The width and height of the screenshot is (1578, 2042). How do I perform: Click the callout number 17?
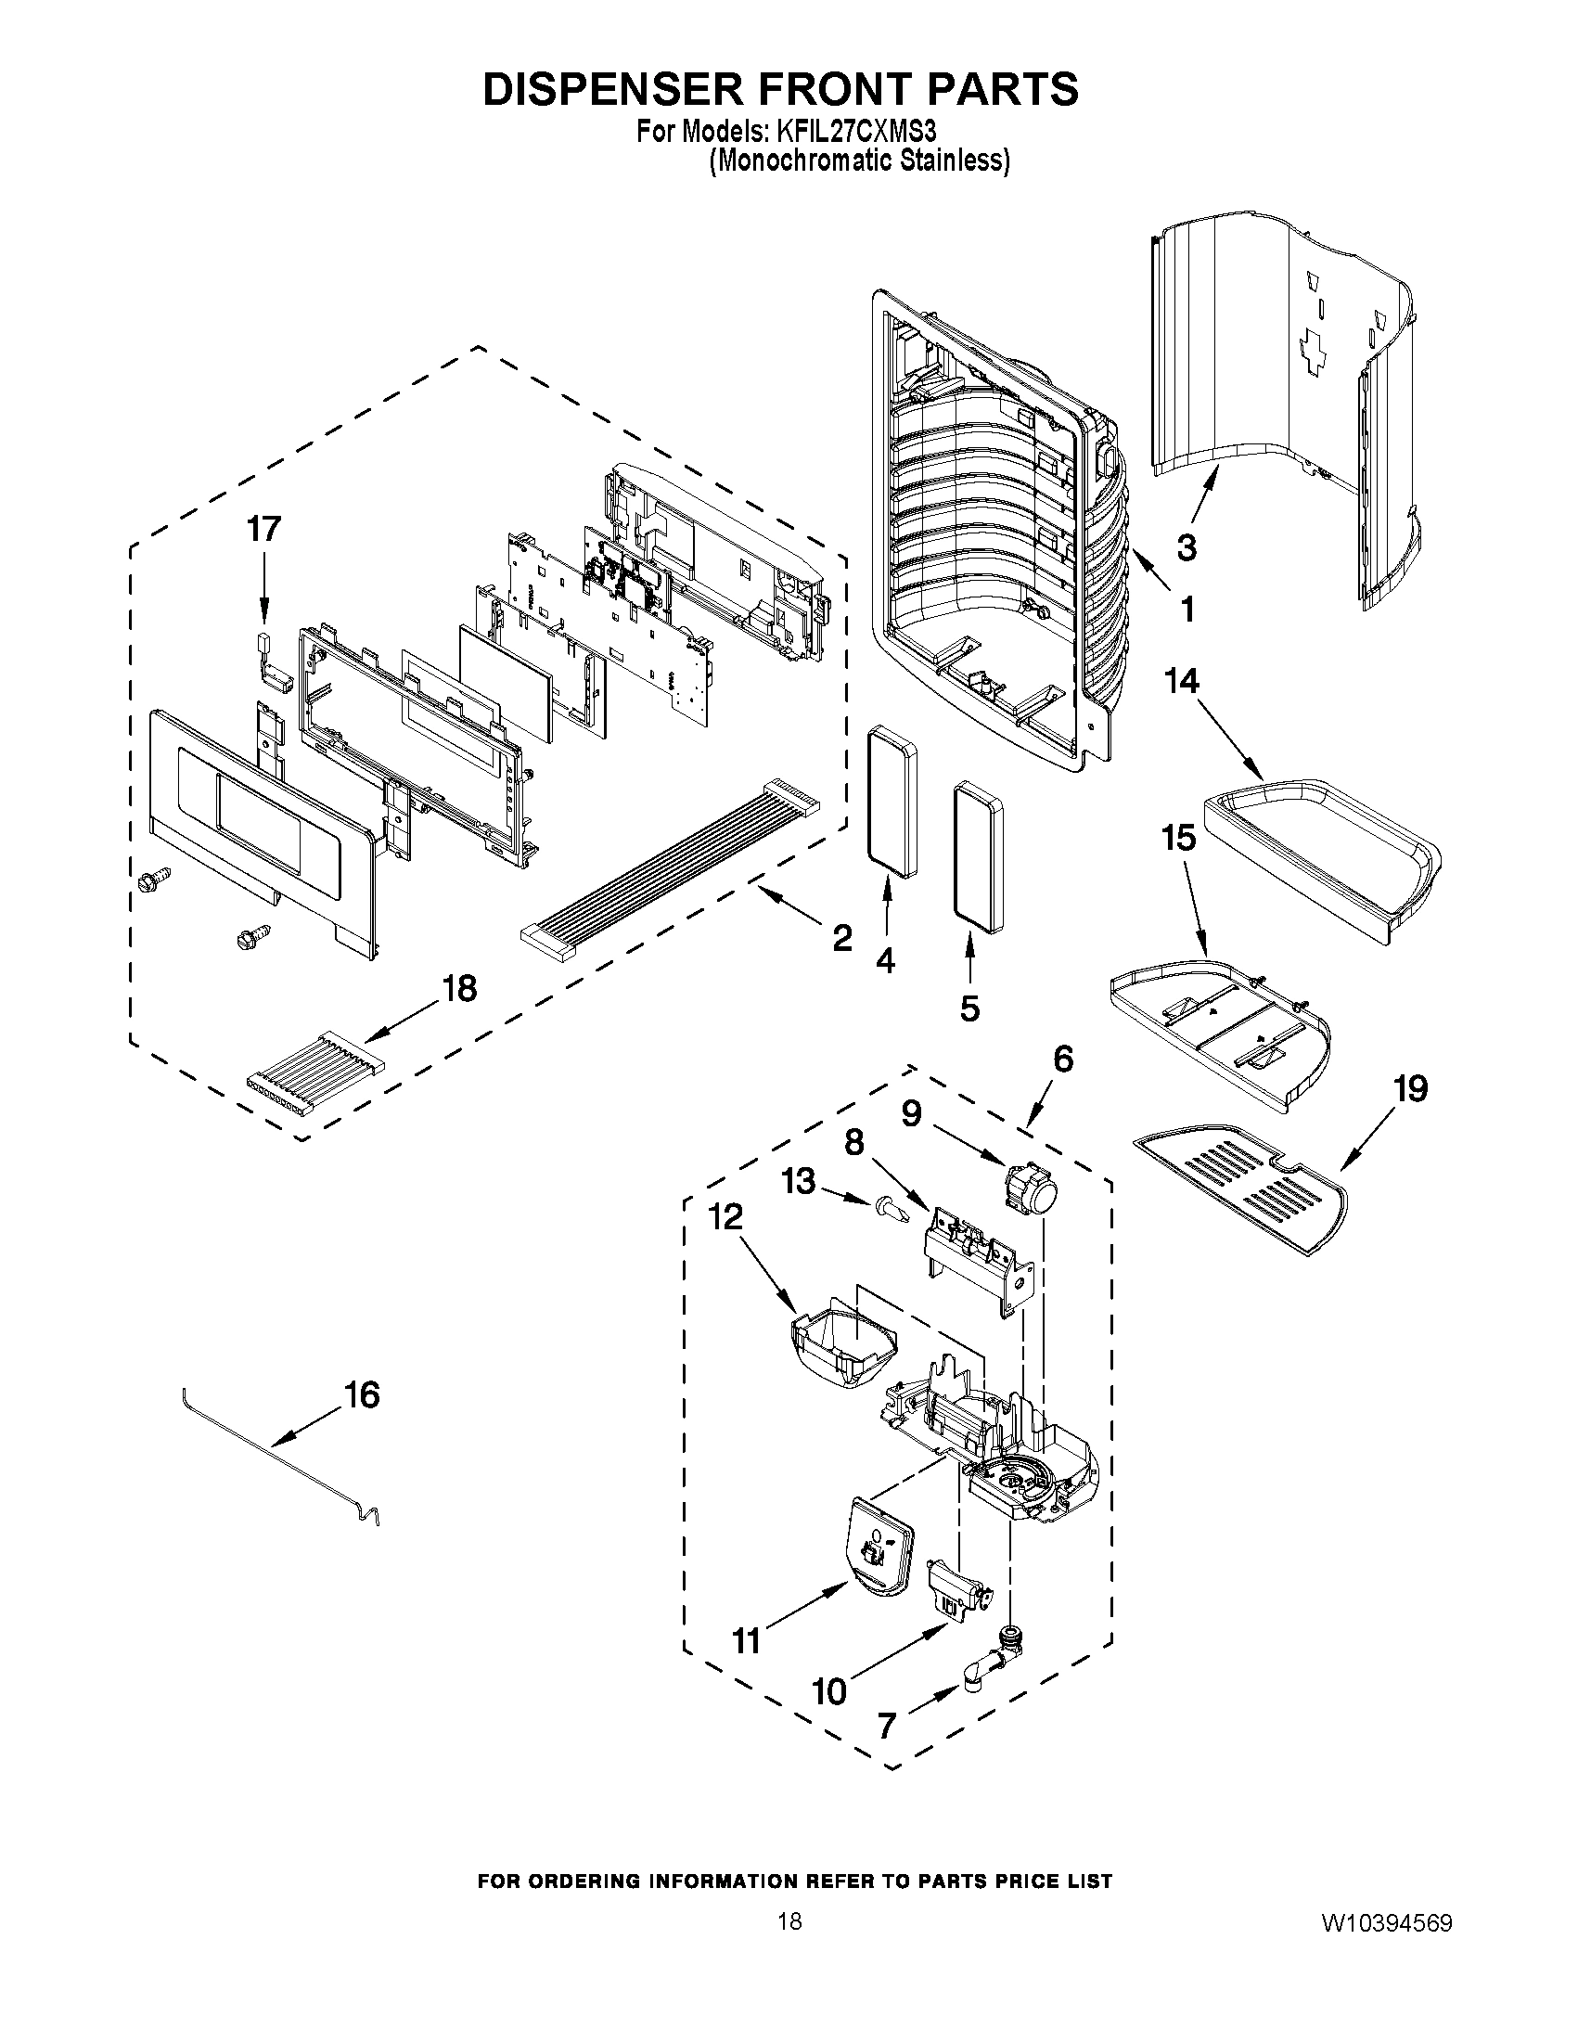click(x=263, y=529)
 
